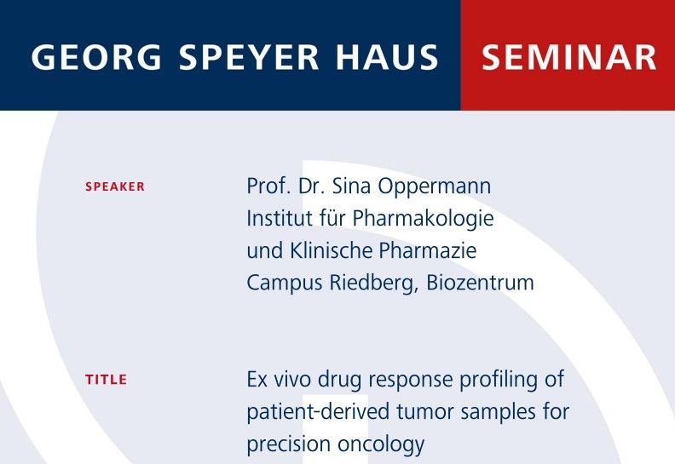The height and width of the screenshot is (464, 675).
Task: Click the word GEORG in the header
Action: point(96,57)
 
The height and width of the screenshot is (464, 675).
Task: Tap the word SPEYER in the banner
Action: point(249,57)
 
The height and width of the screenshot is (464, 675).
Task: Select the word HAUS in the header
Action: point(387,57)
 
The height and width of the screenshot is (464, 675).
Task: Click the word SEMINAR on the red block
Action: point(568,57)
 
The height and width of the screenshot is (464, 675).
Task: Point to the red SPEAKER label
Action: point(115,186)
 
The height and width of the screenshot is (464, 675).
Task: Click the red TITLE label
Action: point(106,380)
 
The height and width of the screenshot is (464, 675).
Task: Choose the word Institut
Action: point(280,219)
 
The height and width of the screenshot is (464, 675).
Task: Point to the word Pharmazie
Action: point(428,250)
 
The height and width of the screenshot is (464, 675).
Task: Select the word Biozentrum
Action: point(480,283)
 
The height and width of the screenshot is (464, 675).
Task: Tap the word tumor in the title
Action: point(424,411)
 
